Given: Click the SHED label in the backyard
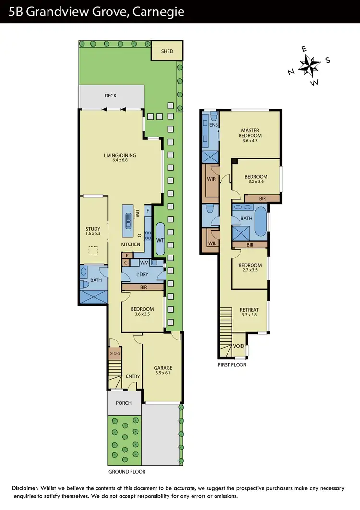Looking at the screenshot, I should point(167,52).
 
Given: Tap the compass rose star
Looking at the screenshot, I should point(309,66).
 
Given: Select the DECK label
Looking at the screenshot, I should point(110,96).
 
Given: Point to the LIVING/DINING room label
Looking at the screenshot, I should point(120,155).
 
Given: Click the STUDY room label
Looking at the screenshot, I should point(93,229).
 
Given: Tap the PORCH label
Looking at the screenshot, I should point(123,403).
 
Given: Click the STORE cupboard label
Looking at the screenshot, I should point(115,354).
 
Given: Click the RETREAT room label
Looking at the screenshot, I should point(249,310).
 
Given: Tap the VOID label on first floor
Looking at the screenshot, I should point(239,346).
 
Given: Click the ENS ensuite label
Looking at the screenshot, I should point(214,125).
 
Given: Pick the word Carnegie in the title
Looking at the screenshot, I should point(161,12).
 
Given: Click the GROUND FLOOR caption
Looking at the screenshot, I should point(127,472).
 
